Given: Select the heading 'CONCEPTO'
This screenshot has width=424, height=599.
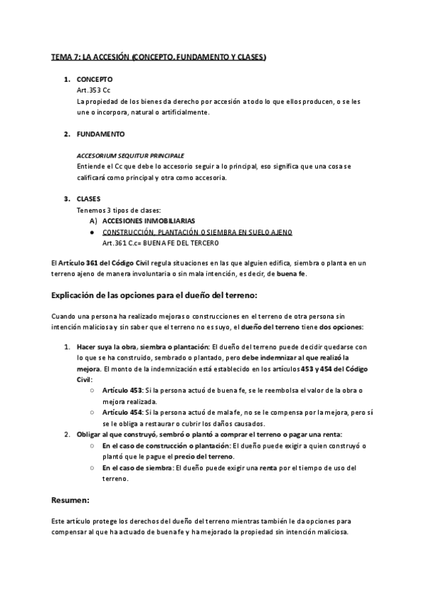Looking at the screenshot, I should [94, 80].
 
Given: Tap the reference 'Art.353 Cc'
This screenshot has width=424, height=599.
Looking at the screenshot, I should [93, 91].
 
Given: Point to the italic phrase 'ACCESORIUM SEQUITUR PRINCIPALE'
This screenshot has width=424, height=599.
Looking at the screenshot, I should [130, 155].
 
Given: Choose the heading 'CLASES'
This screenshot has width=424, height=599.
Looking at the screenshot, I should [89, 198].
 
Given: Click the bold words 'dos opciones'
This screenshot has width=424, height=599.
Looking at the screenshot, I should [341, 327].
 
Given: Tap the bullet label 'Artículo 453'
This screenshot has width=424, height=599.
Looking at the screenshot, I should [122, 391].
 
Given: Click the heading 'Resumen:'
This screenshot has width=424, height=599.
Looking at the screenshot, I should [71, 500].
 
